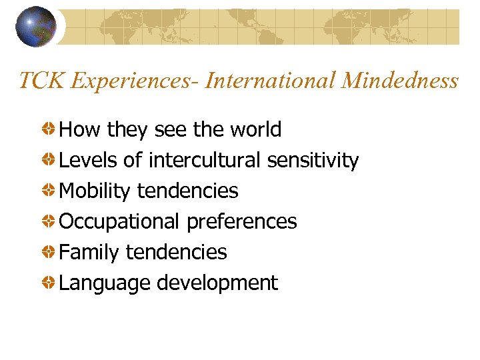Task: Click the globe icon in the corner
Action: click(x=37, y=26)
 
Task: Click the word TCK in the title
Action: click(x=41, y=81)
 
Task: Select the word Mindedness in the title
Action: click(x=400, y=81)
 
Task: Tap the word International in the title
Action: click(x=271, y=81)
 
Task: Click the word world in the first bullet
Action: click(x=255, y=129)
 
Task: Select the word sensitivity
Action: click(x=313, y=161)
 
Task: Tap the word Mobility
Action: click(x=95, y=191)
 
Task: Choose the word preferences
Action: click(x=242, y=222)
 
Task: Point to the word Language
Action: click(x=105, y=283)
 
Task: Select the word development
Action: click(x=217, y=283)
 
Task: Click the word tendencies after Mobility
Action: click(x=187, y=191)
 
